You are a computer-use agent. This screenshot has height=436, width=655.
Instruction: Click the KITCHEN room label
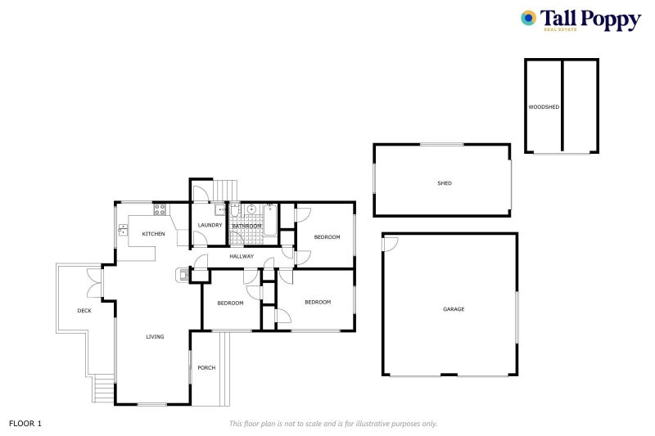(153, 234)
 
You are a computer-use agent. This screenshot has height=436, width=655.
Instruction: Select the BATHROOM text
(246, 226)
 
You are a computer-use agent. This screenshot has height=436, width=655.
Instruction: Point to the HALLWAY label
(242, 256)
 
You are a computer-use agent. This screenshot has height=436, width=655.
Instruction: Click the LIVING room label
(155, 336)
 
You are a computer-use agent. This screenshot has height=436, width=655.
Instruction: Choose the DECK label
(84, 311)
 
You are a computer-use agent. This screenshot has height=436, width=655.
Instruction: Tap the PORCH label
(206, 367)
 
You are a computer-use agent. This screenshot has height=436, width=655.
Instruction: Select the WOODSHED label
(543, 107)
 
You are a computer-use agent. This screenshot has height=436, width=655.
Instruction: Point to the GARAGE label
(454, 309)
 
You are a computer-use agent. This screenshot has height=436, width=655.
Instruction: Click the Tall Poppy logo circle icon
(530, 17)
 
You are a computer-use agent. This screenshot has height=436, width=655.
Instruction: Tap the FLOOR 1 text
(25, 423)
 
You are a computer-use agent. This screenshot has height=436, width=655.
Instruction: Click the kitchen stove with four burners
(159, 209)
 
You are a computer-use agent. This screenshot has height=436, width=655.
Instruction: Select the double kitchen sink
(122, 230)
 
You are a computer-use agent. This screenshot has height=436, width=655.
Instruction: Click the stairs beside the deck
(102, 388)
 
